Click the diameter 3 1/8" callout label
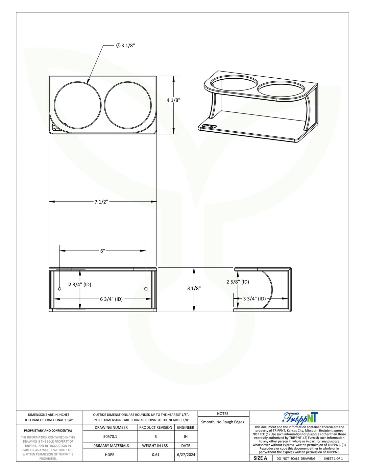pyautogui.click(x=125, y=45)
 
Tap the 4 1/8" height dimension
pyautogui.click(x=173, y=100)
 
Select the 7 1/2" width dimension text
pyautogui.click(x=101, y=202)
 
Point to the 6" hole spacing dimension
pyautogui.click(x=103, y=251)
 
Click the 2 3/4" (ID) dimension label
pyautogui.click(x=80, y=285)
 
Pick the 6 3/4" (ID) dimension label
pyautogui.click(x=111, y=299)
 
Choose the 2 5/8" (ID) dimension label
pyautogui.click(x=238, y=282)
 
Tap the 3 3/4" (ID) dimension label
pyautogui.click(x=254, y=299)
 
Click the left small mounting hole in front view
pyautogui.click(x=60, y=289)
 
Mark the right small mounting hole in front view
pyautogui.click(x=146, y=289)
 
